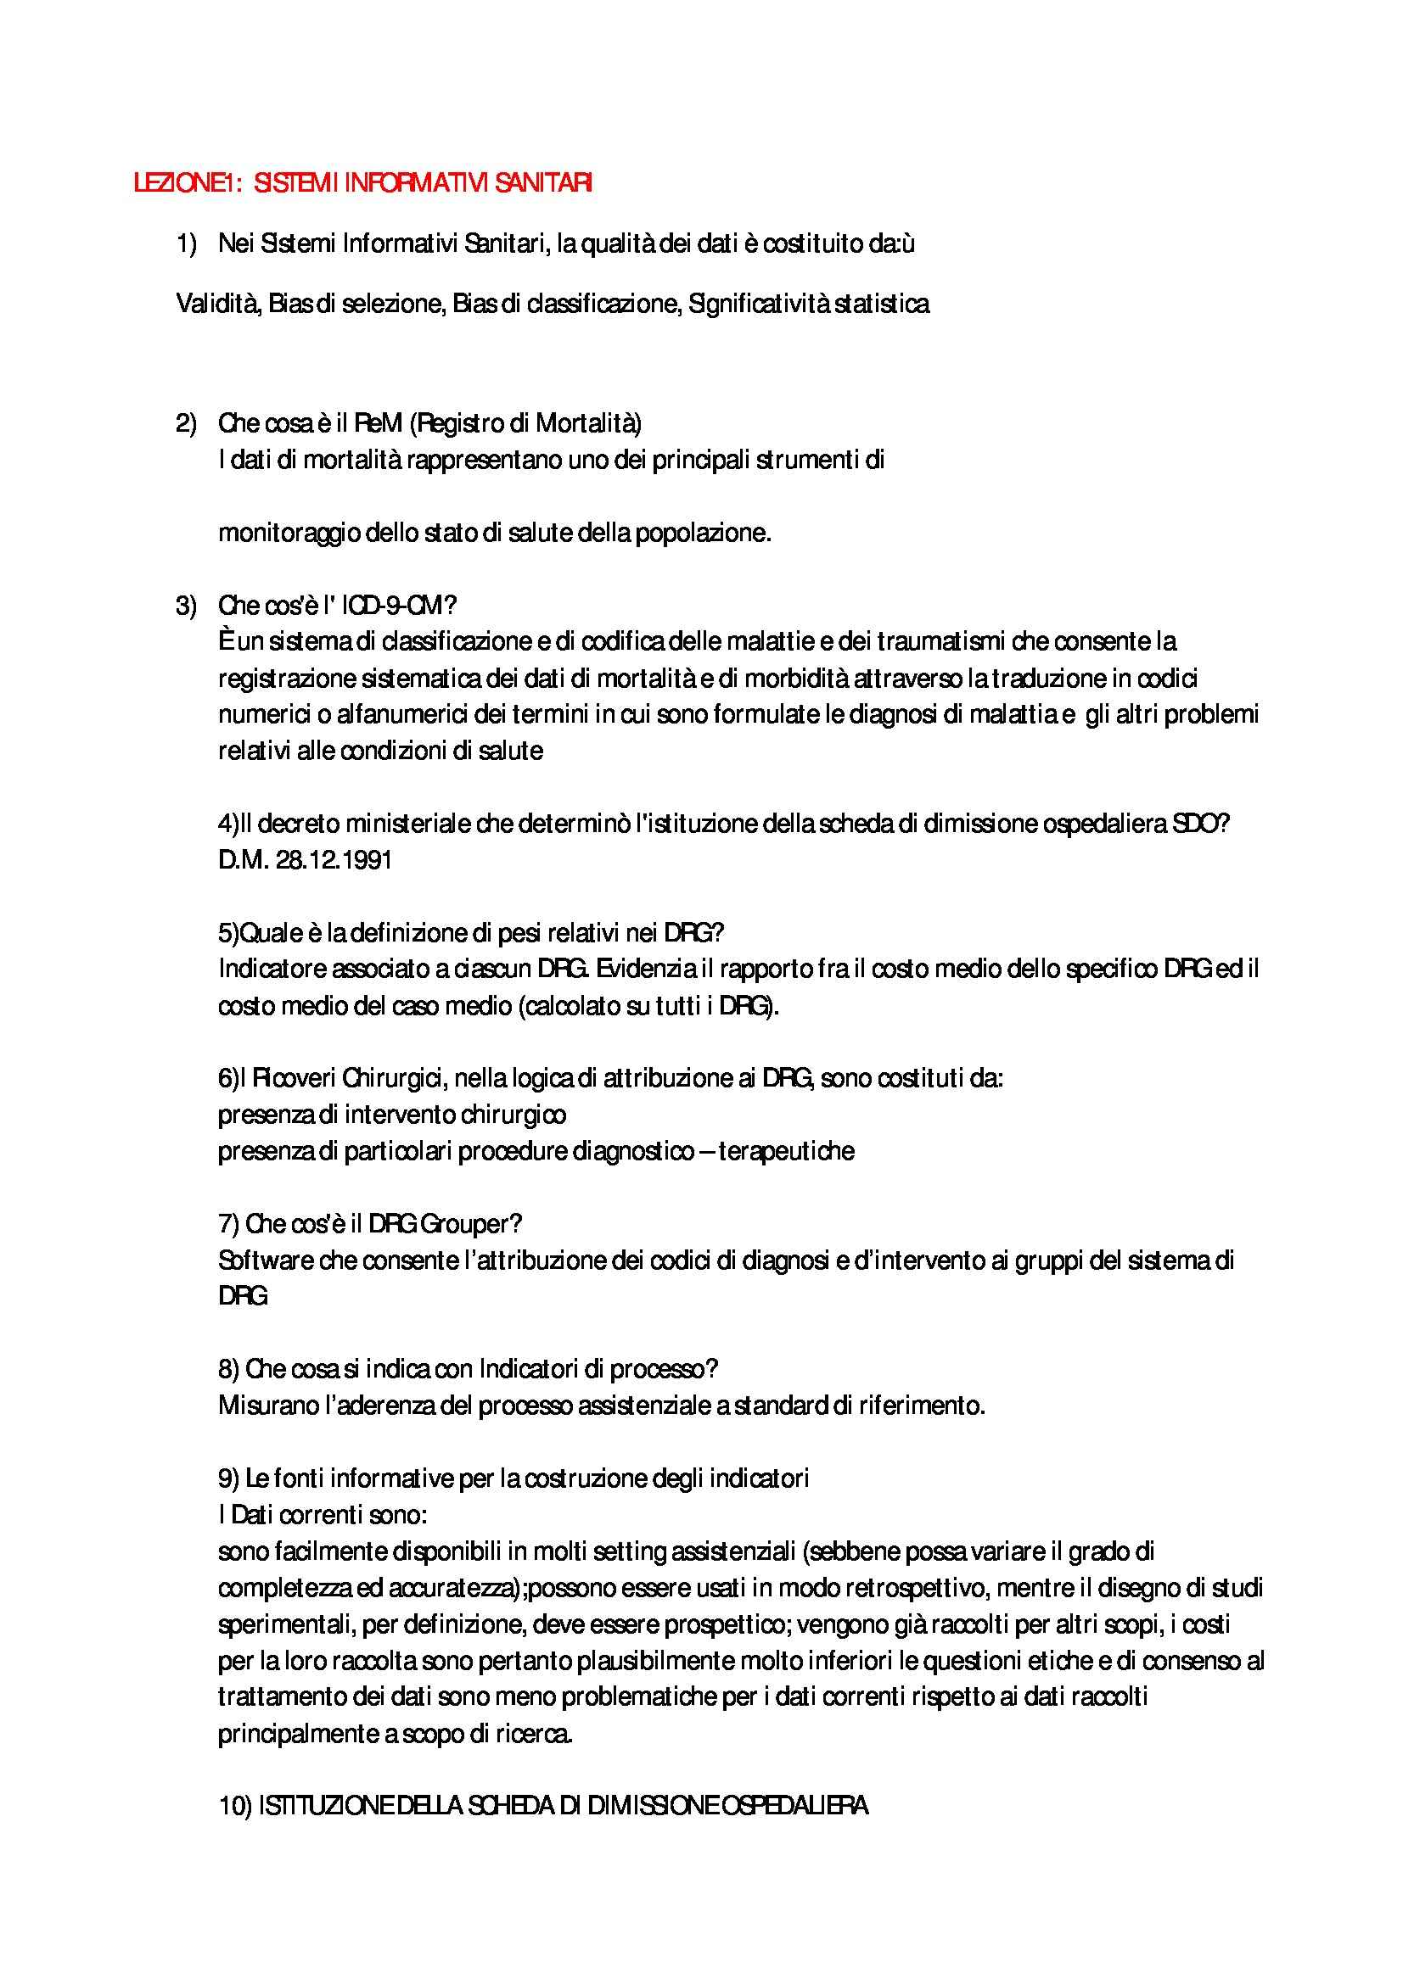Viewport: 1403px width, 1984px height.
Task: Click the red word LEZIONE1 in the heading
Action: [183, 184]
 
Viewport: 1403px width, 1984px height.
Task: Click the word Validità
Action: [218, 304]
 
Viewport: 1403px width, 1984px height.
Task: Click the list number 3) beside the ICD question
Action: [186, 606]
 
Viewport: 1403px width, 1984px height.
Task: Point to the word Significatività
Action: [758, 304]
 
